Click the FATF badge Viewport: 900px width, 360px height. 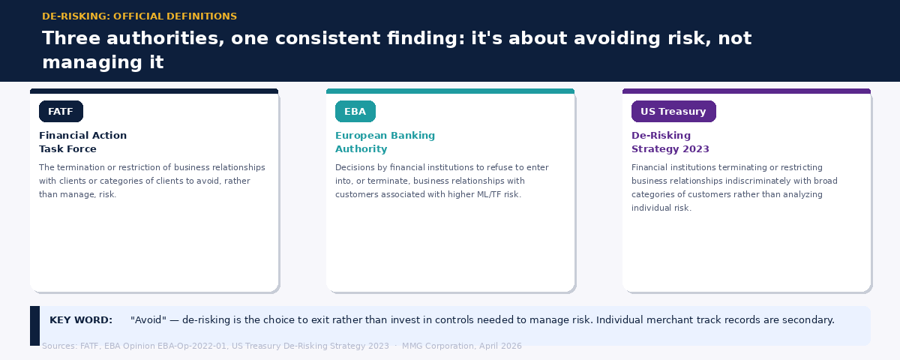coord(61,112)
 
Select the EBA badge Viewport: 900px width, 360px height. coord(355,112)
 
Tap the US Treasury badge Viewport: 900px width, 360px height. coord(673,112)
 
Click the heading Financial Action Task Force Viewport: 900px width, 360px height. coord(82,142)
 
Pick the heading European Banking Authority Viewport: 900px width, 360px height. coord(385,142)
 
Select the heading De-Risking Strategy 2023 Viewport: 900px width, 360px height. coord(670,142)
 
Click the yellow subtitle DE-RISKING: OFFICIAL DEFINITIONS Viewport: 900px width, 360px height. coord(139,16)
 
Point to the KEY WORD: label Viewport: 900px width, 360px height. coord(81,320)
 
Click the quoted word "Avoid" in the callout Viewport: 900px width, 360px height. coord(147,320)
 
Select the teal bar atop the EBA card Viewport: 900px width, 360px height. coord(450,91)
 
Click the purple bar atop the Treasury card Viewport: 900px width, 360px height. coord(746,91)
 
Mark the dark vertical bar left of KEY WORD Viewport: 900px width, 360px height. coord(34,325)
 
